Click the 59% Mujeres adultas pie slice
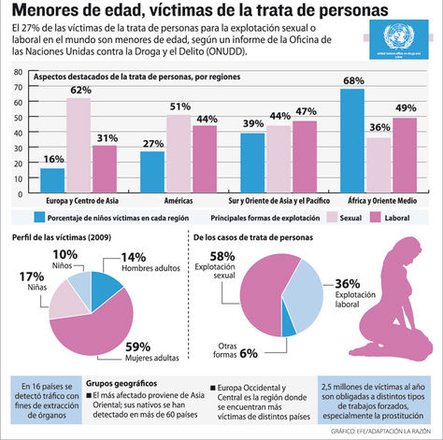[x=89, y=322]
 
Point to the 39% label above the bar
[x=251, y=124]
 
